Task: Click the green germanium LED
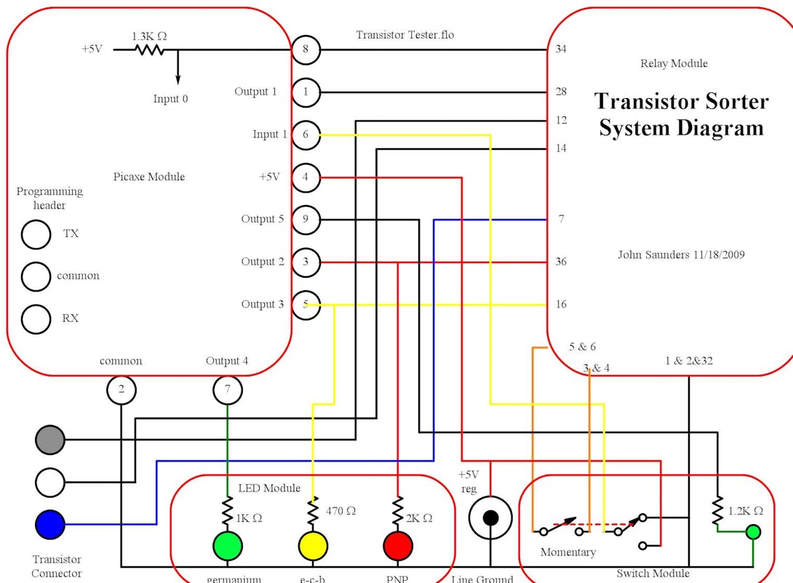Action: [228, 546]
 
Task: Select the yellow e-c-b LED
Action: [314, 546]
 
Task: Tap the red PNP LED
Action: [398, 546]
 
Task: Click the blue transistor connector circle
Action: [50, 523]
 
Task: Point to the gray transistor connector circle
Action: [50, 439]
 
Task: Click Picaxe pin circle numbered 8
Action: [306, 49]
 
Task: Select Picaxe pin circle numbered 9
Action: [306, 220]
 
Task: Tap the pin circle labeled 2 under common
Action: [121, 390]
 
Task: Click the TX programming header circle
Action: [35, 234]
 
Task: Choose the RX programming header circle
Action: [35, 318]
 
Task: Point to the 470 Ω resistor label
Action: [340, 511]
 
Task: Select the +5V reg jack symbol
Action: [490, 518]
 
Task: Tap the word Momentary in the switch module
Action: [567, 552]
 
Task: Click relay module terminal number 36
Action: [561, 262]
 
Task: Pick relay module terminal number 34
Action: [561, 49]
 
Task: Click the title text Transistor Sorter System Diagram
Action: [681, 114]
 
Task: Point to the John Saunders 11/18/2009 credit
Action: [681, 254]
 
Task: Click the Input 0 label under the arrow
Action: [170, 99]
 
